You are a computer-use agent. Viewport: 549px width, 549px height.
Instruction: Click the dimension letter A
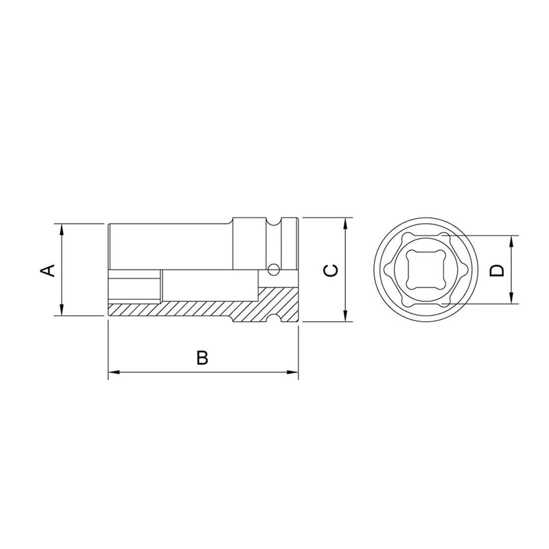tap(48, 270)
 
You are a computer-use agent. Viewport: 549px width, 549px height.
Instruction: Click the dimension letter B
tap(202, 357)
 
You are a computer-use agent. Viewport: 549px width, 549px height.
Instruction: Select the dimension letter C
tap(331, 270)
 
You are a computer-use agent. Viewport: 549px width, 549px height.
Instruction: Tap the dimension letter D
tap(496, 270)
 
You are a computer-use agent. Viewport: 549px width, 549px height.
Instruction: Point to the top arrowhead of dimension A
tap(62, 230)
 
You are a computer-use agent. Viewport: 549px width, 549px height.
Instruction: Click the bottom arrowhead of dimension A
tap(62, 309)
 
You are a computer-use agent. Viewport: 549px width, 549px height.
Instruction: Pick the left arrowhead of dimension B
tap(114, 372)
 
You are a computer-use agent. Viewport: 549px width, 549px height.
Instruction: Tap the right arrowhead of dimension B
tap(292, 372)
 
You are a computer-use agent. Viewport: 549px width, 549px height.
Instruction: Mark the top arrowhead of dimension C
tap(346, 224)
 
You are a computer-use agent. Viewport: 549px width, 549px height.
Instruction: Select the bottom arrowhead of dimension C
tap(346, 315)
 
